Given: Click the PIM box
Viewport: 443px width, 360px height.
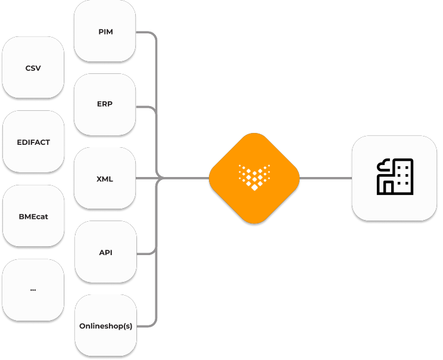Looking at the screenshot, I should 105,31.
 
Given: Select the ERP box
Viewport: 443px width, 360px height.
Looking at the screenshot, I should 105,104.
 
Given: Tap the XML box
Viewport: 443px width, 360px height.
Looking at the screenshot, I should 105,178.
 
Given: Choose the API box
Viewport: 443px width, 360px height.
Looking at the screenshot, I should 105,252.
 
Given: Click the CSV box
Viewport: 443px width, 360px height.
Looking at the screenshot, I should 33,68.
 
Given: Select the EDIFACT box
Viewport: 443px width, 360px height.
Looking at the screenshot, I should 33,142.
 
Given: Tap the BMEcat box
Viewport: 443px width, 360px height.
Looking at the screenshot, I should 33,216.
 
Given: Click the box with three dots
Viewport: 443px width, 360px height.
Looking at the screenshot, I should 33,290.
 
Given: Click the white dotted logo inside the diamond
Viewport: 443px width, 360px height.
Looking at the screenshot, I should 254,176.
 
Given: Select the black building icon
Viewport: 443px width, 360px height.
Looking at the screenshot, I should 395,177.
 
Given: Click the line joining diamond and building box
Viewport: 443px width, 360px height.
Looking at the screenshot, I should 325,178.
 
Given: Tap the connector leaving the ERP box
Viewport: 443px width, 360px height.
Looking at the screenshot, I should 146,107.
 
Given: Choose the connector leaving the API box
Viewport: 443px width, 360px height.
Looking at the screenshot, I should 146,253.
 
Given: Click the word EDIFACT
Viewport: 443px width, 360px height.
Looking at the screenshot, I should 33,142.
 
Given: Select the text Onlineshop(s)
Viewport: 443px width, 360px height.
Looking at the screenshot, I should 105,326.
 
